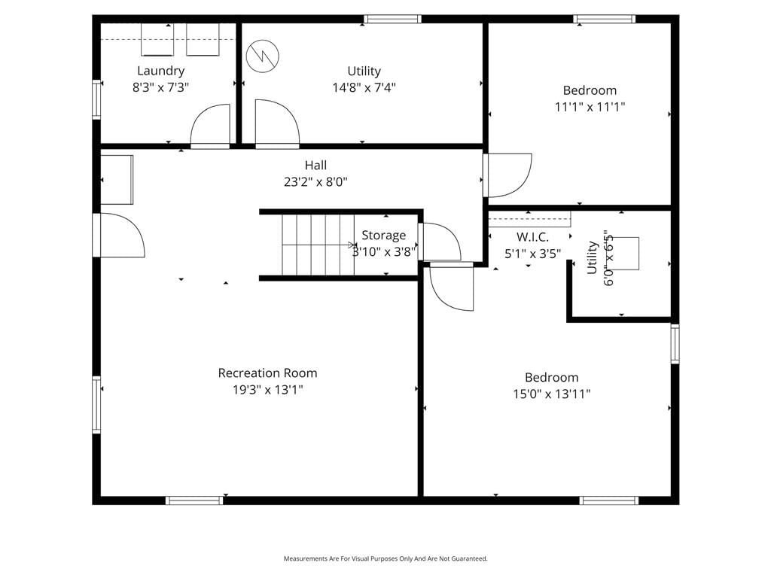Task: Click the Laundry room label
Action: [161, 71]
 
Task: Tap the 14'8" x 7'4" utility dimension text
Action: [364, 87]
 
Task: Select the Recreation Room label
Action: [267, 373]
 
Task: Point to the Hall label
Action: [315, 165]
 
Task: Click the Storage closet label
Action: [383, 236]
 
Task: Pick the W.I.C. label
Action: [532, 237]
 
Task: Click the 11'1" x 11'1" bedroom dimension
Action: [590, 107]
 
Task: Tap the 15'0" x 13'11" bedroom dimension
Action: [552, 394]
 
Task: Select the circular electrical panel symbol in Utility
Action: [263, 56]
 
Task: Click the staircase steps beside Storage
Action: [318, 245]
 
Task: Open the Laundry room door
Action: [210, 126]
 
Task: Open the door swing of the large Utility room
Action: [277, 123]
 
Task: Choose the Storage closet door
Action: [439, 242]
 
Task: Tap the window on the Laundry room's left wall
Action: [97, 99]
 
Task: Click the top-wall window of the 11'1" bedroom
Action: [605, 19]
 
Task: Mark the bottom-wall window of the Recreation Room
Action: [194, 500]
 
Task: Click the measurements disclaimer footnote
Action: [385, 558]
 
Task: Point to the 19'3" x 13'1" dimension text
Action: [267, 390]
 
